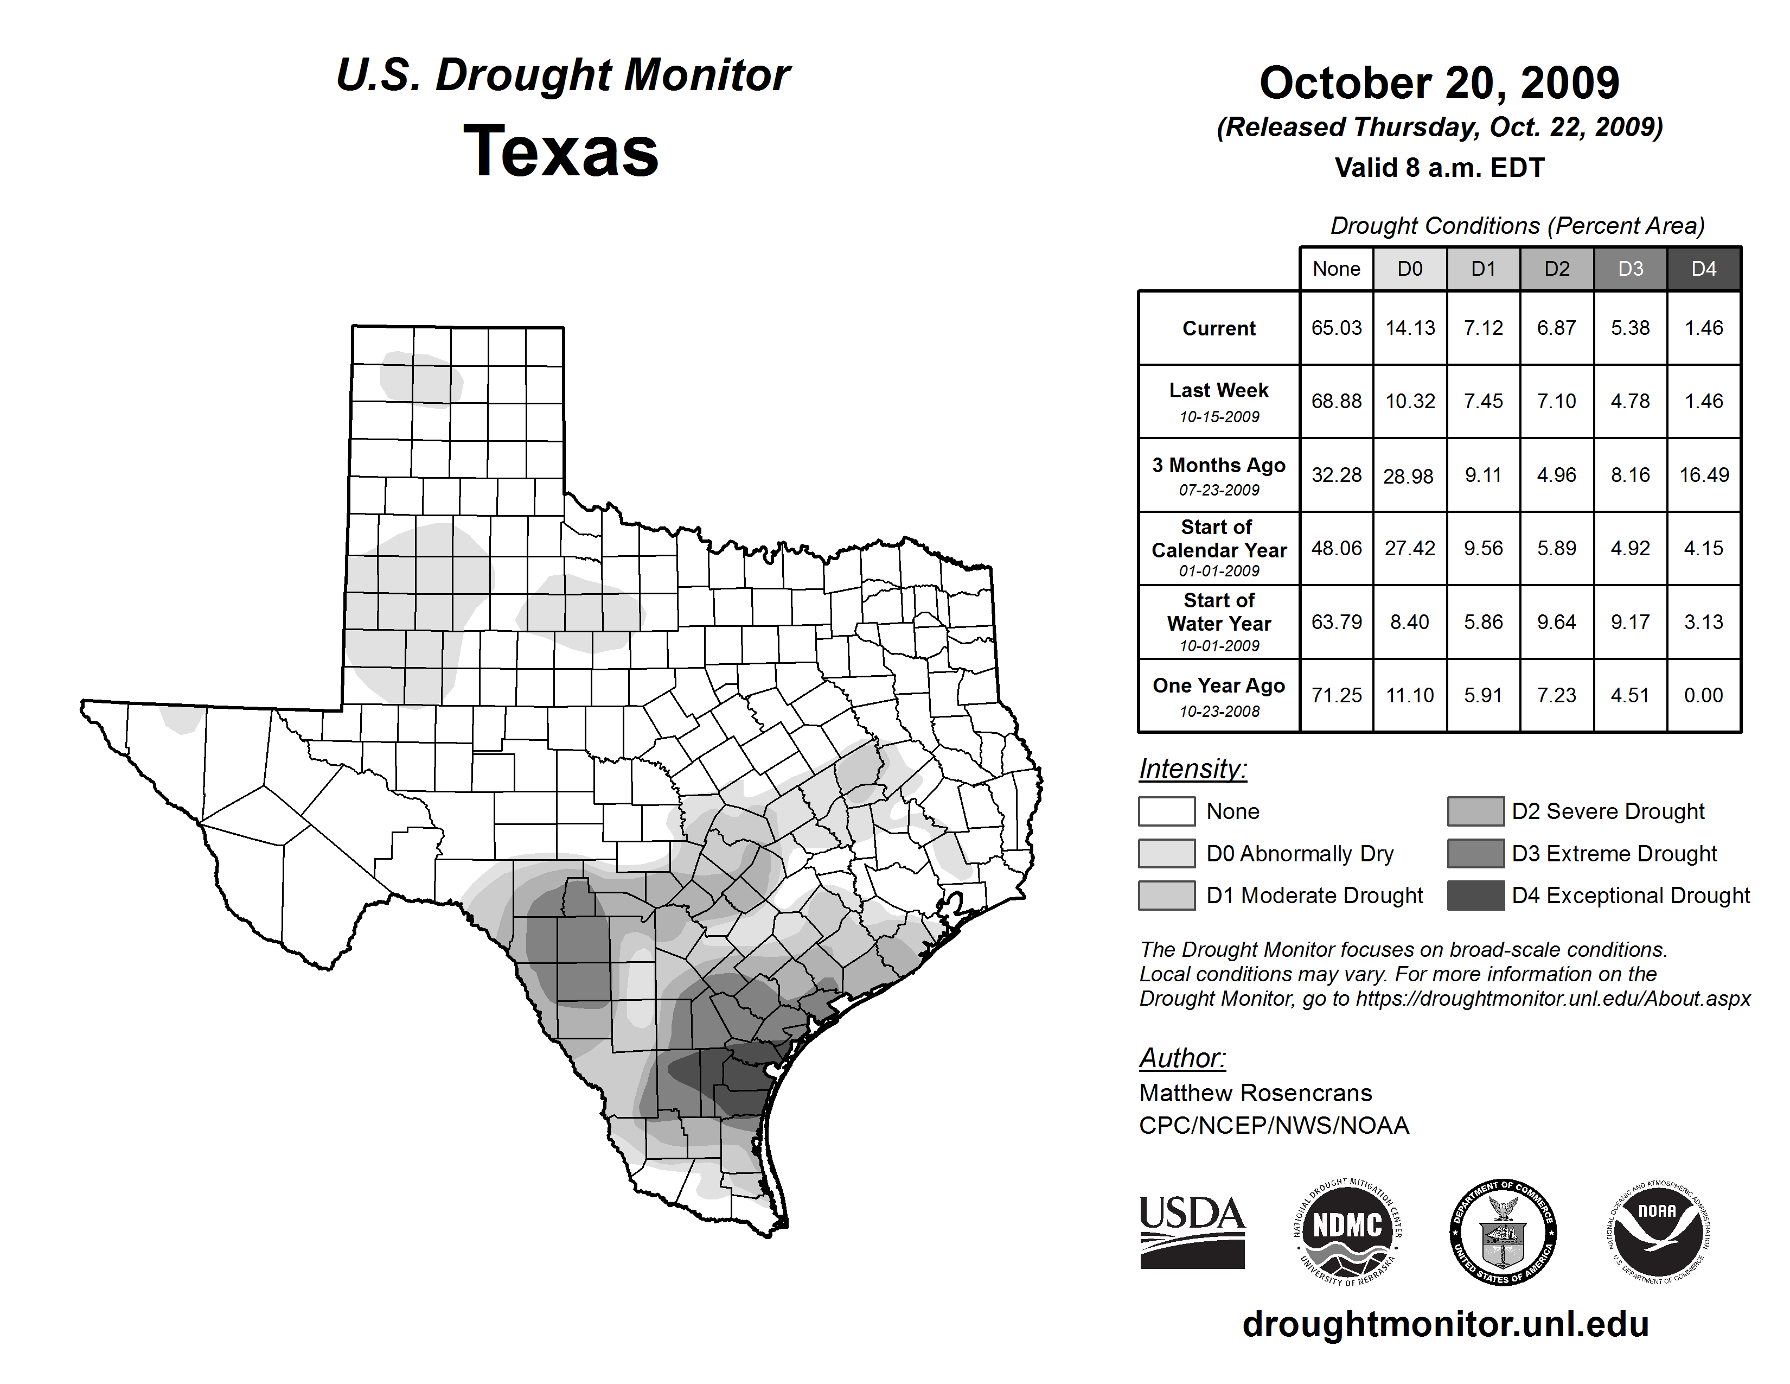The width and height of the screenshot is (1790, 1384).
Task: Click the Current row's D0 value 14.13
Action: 1410,328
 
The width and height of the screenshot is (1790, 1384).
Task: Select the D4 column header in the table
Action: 1703,269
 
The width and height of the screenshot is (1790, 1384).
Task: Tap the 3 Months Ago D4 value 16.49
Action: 1704,475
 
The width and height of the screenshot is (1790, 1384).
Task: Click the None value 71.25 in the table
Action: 1336,695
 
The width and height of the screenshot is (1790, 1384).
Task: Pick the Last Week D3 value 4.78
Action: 1630,401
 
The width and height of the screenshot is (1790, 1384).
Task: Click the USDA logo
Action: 1192,1231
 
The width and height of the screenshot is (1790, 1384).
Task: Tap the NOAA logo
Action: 1657,1231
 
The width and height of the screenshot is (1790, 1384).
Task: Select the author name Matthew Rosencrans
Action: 1255,1093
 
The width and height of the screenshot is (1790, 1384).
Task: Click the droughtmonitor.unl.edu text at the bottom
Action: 1446,1324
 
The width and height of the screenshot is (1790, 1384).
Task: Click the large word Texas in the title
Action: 561,151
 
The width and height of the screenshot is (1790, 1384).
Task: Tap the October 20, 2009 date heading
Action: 1439,83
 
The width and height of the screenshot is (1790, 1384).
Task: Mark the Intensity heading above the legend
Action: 1192,769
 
